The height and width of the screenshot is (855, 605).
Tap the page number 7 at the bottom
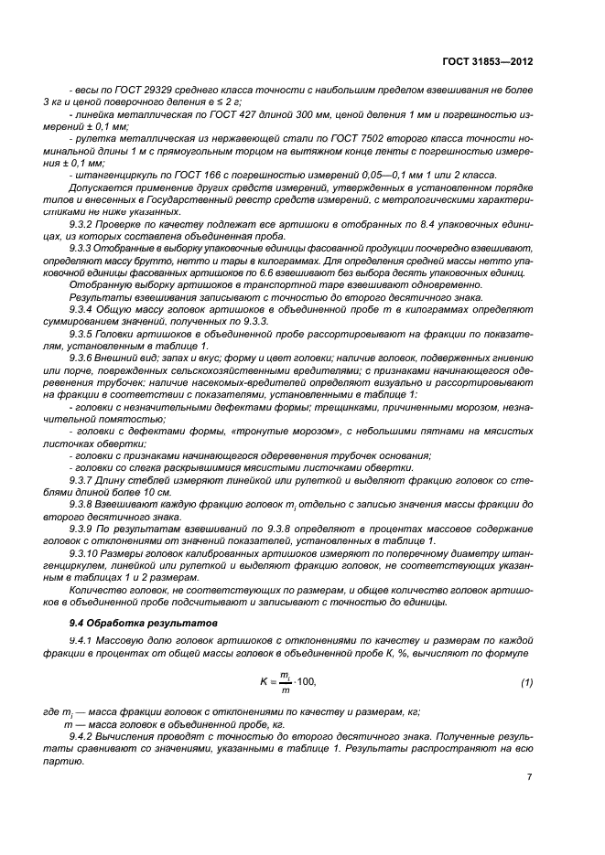tap(530, 777)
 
